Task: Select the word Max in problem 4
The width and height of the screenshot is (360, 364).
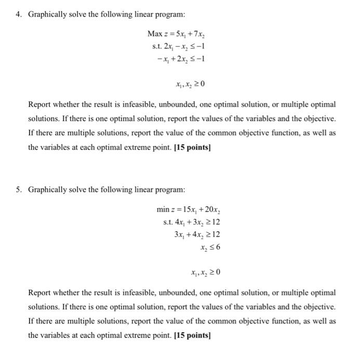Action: coord(154,34)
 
